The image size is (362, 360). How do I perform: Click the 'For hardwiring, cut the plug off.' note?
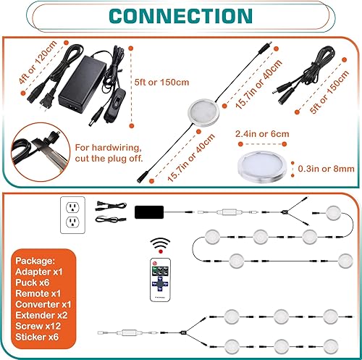(x=109, y=152)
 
